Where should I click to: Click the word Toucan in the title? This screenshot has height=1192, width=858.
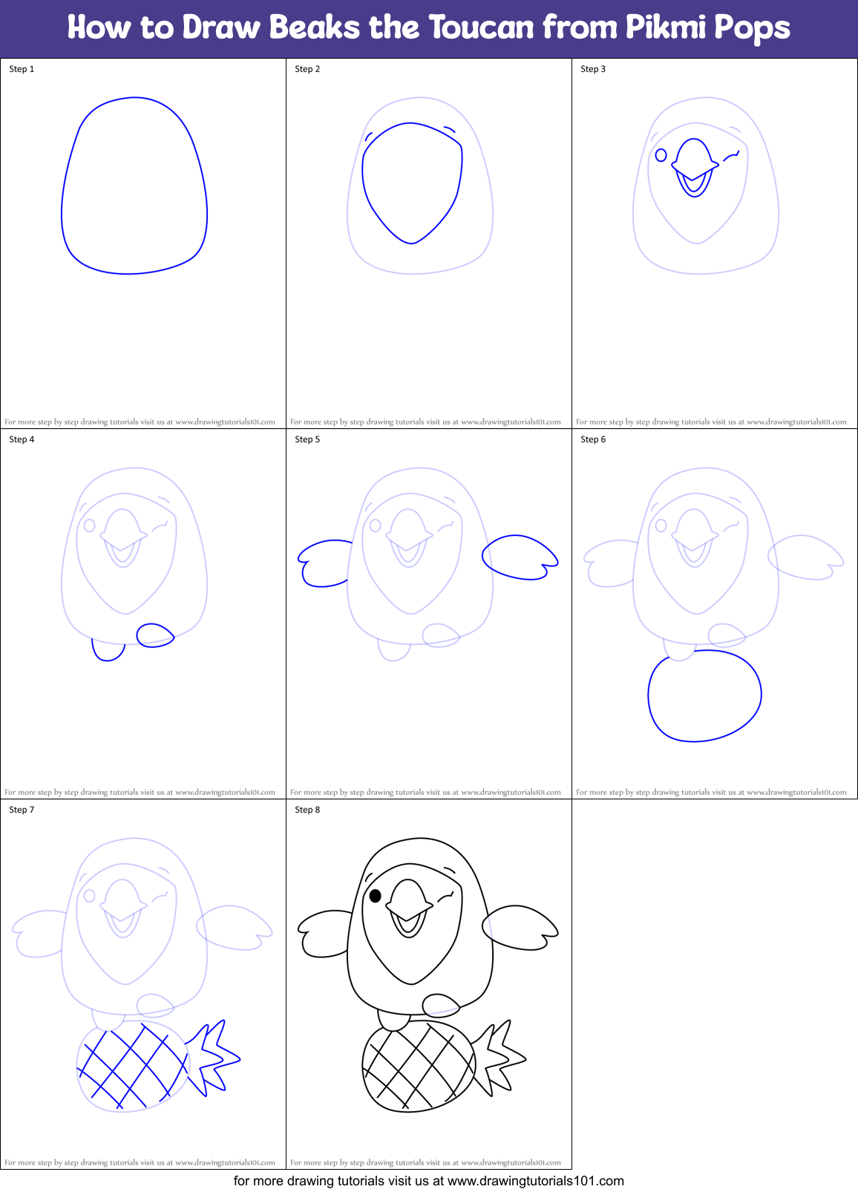(481, 28)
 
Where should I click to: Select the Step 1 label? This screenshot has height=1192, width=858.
(22, 69)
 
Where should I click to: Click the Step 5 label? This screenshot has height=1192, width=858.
(307, 439)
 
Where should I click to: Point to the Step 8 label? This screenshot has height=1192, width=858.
(307, 810)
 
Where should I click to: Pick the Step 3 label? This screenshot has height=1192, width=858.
(593, 69)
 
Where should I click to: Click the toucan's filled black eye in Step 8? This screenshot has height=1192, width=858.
(376, 896)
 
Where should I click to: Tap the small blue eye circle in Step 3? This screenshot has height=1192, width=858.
(661, 155)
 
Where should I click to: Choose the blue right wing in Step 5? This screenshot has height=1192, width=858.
(519, 557)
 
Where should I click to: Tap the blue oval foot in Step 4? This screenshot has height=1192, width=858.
(154, 635)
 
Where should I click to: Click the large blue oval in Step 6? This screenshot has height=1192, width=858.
(704, 695)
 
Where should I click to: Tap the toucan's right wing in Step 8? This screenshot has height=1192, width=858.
(519, 927)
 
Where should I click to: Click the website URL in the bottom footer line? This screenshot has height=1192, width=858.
(536, 1181)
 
